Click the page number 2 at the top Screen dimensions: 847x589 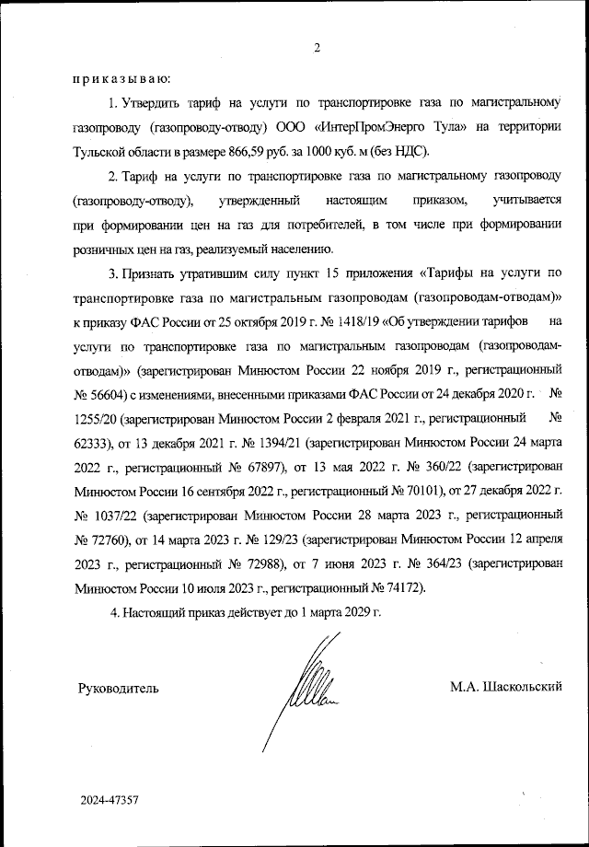tap(315, 48)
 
